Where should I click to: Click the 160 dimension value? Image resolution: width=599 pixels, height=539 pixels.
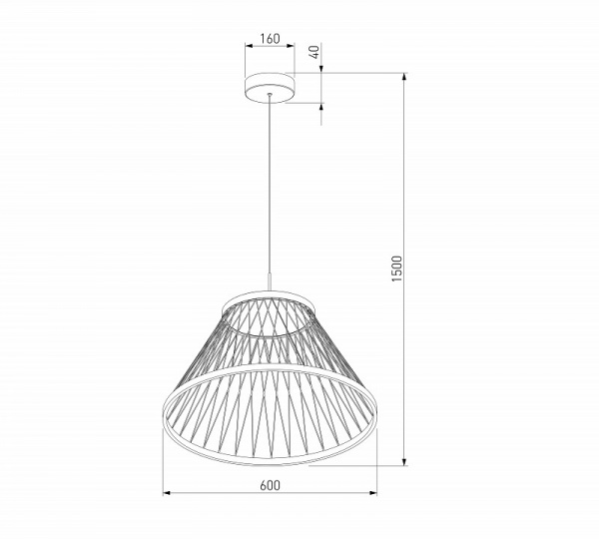(x=270, y=39)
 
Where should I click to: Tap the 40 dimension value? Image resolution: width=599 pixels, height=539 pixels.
(x=314, y=52)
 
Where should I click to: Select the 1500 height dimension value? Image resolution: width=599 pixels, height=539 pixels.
(x=397, y=269)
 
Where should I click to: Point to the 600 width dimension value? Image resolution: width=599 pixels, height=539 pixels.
(x=270, y=485)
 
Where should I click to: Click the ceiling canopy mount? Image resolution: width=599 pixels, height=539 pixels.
(x=270, y=88)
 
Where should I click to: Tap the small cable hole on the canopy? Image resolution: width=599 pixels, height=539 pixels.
(x=270, y=94)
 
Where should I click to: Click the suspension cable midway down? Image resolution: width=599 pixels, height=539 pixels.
(x=270, y=185)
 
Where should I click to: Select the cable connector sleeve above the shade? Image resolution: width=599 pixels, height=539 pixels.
(x=270, y=281)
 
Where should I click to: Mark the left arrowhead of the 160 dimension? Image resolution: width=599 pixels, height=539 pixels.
(x=249, y=46)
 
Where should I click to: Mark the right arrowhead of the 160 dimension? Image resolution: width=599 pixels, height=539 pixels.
(x=291, y=46)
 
